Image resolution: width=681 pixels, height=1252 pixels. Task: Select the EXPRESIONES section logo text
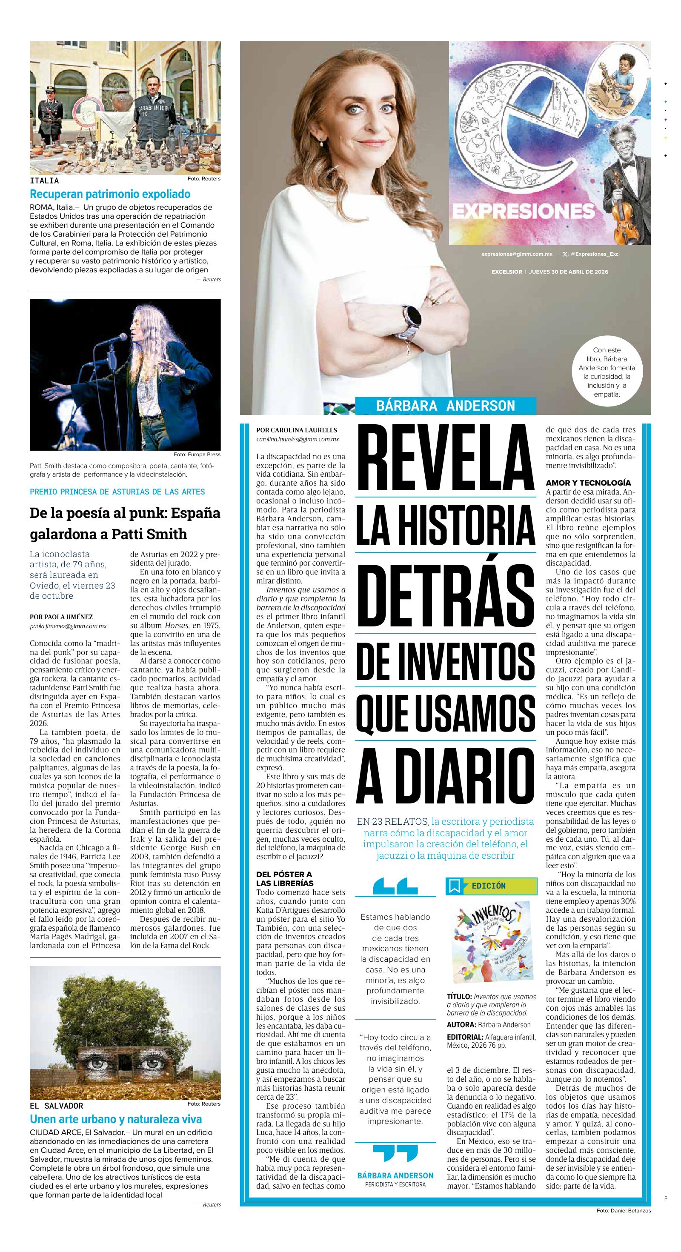tap(524, 212)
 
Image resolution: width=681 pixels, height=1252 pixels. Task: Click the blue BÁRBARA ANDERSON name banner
tap(445, 405)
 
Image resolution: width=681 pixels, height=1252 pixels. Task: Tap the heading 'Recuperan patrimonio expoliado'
tap(110, 194)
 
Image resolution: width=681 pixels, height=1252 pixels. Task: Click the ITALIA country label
tap(44, 181)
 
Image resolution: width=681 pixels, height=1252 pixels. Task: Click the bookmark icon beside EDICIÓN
tap(455, 886)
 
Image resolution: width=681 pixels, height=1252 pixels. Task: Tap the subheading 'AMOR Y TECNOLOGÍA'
tap(588, 483)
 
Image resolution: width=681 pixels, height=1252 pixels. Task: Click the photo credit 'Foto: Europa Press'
tap(197, 454)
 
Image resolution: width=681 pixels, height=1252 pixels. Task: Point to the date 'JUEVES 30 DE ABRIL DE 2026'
tap(569, 272)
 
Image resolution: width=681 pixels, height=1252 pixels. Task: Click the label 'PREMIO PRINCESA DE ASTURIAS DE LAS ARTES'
tap(117, 492)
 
